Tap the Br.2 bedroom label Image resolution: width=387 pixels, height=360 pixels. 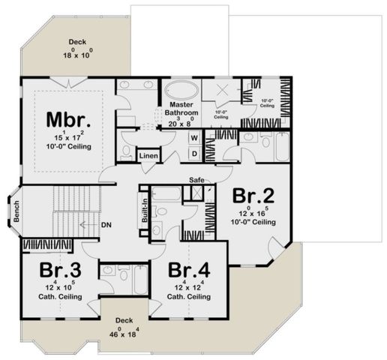point(253,196)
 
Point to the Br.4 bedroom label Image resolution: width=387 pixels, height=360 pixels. point(187,269)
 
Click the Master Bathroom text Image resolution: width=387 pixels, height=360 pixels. point(181,108)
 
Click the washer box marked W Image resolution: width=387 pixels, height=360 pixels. point(193,138)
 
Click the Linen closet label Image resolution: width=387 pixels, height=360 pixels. point(148,155)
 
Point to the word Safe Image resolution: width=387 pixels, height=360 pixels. point(197,180)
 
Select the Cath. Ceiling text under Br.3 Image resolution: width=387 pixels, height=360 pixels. point(49,297)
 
